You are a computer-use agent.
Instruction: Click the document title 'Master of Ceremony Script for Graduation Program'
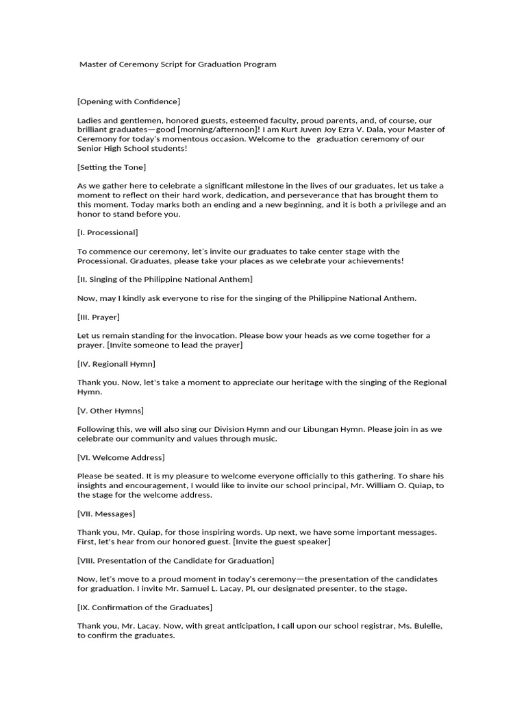coord(178,64)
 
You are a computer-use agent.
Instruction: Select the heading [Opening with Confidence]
coord(129,101)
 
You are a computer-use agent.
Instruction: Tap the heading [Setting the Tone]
coord(112,167)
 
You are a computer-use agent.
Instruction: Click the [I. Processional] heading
coord(108,232)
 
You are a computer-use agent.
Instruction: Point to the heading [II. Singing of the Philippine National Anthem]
coord(165,279)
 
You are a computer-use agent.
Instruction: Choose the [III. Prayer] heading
coord(99,317)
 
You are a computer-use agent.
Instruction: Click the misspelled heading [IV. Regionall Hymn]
coord(116,363)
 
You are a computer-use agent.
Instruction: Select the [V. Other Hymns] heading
coord(110,411)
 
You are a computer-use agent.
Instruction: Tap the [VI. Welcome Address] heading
coord(121,457)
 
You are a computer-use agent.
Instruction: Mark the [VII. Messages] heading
coord(106,513)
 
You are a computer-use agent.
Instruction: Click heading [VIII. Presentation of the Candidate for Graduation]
coord(176,560)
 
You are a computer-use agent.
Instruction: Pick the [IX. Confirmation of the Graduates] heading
coord(145,607)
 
